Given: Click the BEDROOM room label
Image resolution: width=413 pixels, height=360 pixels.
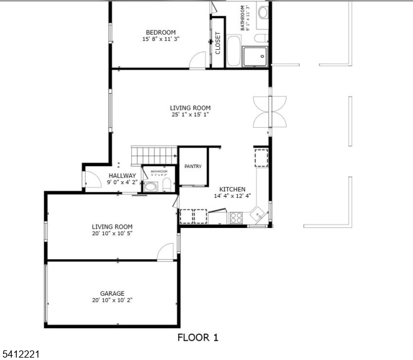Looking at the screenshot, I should (161, 32).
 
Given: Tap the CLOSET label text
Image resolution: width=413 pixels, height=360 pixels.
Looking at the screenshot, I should (218, 43).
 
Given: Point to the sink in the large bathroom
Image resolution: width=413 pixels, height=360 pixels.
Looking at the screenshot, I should (263, 12).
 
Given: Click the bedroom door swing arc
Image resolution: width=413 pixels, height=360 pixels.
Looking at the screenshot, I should (197, 60).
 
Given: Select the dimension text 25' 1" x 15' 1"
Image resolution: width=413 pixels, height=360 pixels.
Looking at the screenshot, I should (191, 115).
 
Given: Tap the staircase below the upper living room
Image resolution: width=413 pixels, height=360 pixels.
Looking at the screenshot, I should (152, 155).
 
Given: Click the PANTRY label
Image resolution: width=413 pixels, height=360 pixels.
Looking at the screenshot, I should (193, 167).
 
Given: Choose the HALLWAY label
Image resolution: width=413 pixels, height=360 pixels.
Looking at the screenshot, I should (122, 176).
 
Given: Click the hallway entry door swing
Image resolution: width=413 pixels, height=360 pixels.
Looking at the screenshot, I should (91, 179).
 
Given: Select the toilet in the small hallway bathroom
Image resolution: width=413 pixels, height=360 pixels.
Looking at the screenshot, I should (167, 185).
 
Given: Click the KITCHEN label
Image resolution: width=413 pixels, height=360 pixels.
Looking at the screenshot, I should (232, 189).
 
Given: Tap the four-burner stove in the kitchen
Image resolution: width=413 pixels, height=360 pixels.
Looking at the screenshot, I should (236, 217).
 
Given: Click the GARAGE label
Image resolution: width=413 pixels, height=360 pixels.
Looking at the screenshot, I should (112, 293).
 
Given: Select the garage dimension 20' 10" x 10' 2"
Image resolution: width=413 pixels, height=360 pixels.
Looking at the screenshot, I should (112, 300).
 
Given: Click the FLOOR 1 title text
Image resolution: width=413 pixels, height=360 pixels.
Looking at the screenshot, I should (198, 337).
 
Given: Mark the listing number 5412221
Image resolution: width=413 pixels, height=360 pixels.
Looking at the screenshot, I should (20, 355).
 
